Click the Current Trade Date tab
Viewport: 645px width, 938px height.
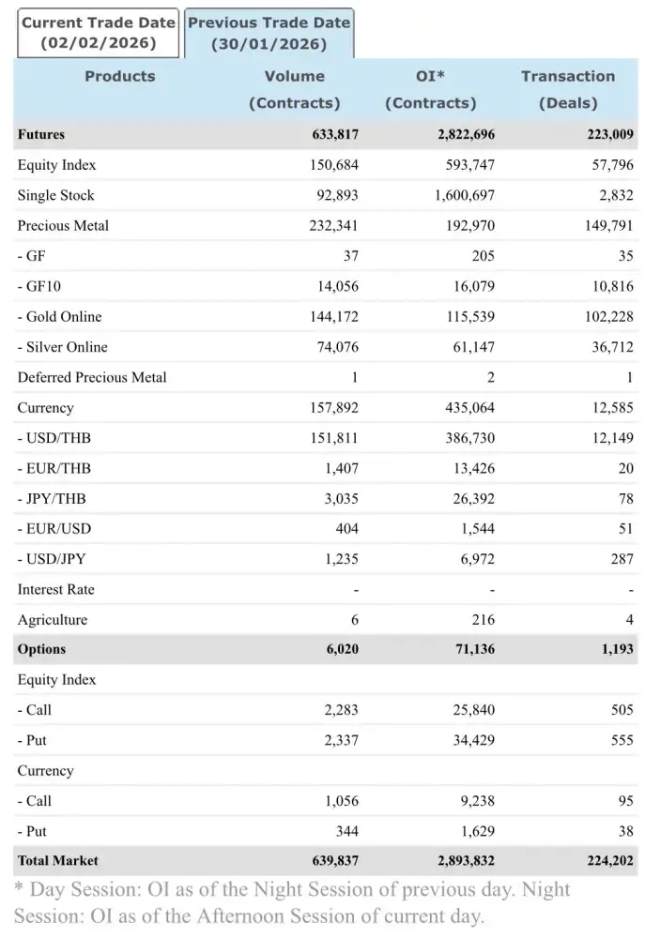(x=98, y=33)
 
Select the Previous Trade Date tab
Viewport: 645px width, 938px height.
(x=269, y=33)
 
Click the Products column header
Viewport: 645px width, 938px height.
(x=120, y=77)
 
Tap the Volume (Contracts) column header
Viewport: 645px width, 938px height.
(x=294, y=89)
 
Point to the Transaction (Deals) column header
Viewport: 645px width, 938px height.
(x=568, y=89)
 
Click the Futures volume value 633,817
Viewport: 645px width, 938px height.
(x=335, y=135)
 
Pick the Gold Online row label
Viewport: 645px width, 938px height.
(x=60, y=317)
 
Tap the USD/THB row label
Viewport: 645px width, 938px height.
(x=54, y=438)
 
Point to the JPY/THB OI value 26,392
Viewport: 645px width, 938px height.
(x=473, y=499)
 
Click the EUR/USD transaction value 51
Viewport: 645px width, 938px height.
(x=625, y=529)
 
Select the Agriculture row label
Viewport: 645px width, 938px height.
(x=53, y=620)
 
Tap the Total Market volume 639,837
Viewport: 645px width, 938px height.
(x=335, y=861)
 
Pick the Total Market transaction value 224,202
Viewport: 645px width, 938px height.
(x=609, y=861)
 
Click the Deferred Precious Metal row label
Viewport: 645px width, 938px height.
(x=92, y=378)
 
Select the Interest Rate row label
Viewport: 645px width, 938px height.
(x=55, y=590)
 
